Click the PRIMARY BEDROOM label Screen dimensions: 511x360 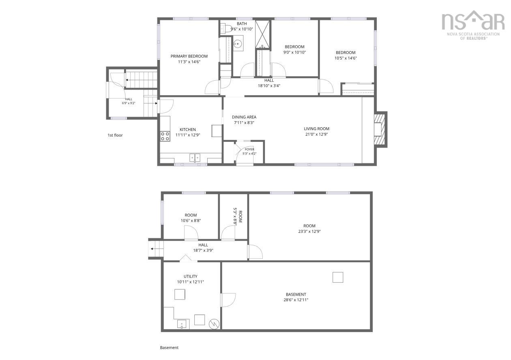pos(189,56)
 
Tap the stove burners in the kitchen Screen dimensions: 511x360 pos(165,136)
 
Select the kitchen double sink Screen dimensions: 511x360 pos(195,158)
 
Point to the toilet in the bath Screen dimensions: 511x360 pos(225,29)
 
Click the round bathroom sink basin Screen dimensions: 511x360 pos(238,43)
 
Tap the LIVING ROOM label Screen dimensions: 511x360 pos(316,129)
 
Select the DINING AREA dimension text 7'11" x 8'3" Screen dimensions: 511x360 pos(244,123)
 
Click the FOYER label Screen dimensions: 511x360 pos(249,149)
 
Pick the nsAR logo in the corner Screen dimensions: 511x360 pos(473,25)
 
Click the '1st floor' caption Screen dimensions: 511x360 pos(115,135)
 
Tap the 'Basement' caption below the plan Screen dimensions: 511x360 pos(169,347)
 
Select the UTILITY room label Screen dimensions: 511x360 pos(191,276)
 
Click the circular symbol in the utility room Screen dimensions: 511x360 pos(214,324)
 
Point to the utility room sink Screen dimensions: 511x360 pos(182,324)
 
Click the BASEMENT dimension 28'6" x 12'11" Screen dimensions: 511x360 pos(296,300)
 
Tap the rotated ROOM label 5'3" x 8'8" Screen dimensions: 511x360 pos(238,217)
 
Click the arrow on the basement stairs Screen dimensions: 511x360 pos(155,249)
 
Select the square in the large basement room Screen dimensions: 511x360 pos(337,277)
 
